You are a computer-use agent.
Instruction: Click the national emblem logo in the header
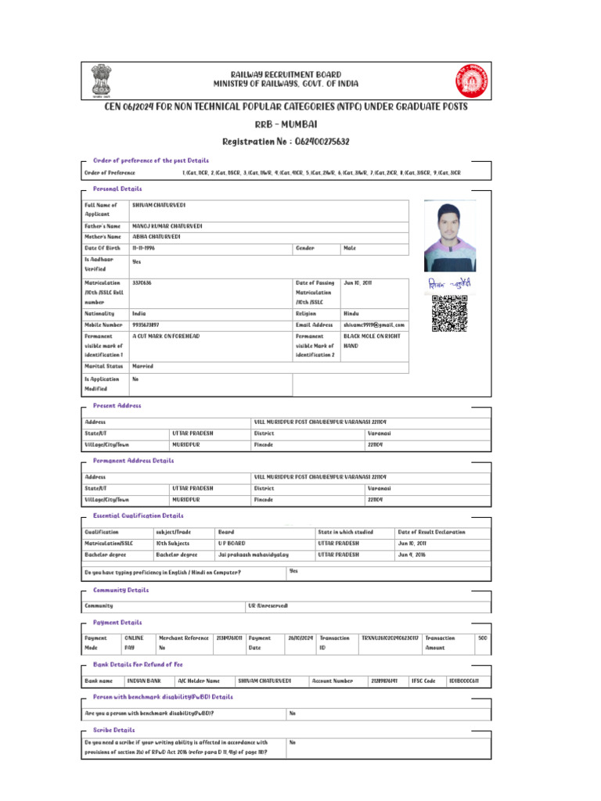[103, 79]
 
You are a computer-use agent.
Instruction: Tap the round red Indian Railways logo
[470, 79]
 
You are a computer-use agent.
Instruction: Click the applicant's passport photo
[449, 235]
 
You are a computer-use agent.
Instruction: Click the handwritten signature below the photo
[449, 283]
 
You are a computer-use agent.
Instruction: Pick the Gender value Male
[350, 248]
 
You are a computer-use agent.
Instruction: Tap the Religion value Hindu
[351, 313]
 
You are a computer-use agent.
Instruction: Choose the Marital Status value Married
[143, 365]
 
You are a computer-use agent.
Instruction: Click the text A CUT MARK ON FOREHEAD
[166, 336]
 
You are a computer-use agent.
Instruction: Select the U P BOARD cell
[232, 543]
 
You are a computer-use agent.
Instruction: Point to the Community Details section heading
[121, 590]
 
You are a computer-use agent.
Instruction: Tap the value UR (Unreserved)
[268, 605]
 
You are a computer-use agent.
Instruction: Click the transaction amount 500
[483, 638]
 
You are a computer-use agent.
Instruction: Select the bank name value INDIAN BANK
[144, 681]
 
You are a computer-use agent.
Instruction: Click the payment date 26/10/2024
[300, 638]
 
